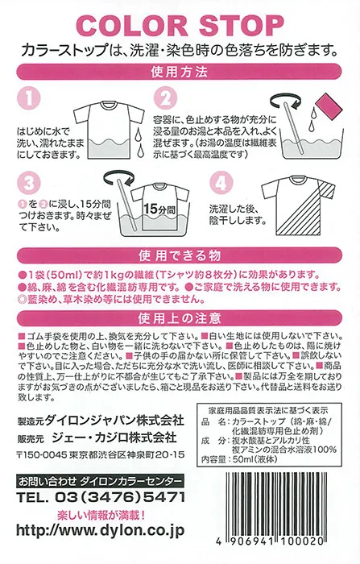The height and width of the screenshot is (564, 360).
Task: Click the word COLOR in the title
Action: [132, 26]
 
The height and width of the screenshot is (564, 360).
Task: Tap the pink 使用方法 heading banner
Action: [180, 72]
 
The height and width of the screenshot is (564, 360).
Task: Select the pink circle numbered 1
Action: [29, 98]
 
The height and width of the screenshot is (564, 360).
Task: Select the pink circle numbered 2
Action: [165, 98]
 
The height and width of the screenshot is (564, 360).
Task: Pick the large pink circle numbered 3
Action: [29, 184]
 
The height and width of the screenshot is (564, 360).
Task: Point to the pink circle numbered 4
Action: [221, 184]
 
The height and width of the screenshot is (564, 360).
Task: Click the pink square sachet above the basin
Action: [328, 105]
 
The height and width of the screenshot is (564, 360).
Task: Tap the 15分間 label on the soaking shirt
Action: [159, 209]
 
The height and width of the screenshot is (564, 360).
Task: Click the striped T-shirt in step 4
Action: [298, 205]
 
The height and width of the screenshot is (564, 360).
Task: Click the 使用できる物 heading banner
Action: [180, 255]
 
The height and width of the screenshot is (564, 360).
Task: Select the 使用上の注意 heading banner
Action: [180, 318]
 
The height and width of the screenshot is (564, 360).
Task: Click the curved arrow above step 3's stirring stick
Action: [118, 176]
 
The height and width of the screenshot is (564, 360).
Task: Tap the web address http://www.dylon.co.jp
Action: [101, 530]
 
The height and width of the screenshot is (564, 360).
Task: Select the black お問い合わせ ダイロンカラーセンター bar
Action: [101, 481]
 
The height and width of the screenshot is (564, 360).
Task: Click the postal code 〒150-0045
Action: [42, 454]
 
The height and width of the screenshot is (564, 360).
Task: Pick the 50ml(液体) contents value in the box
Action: [255, 459]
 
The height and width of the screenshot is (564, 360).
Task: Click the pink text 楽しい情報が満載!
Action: [101, 515]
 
